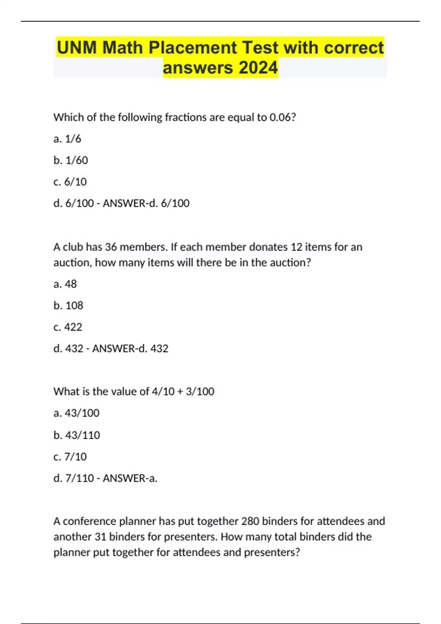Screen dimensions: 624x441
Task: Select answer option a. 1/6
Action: coord(67,139)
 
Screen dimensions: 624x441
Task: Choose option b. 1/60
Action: coord(71,160)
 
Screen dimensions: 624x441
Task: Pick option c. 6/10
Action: coord(70,182)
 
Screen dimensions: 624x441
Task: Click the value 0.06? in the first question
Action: coord(283,117)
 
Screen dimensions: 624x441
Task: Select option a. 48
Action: coord(65,284)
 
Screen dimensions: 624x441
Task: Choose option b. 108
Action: coord(68,305)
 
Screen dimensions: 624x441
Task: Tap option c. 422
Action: coord(68,327)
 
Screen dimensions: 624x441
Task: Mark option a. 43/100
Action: coord(76,413)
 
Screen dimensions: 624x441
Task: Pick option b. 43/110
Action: coord(76,435)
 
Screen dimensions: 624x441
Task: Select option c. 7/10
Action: coord(70,457)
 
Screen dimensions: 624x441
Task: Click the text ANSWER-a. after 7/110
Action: coord(130,478)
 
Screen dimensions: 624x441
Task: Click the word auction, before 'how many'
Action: coord(72,263)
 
